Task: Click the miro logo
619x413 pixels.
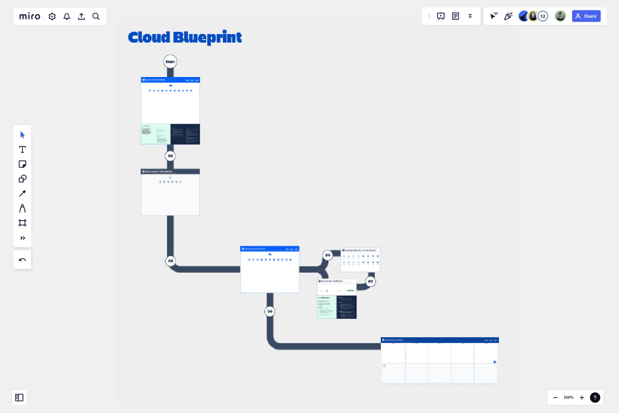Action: [x=30, y=16]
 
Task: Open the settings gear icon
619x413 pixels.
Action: [x=52, y=16]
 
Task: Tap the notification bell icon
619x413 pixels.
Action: [x=67, y=16]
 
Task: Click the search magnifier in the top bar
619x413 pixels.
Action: [x=96, y=16]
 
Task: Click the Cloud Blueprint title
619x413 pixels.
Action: [x=185, y=37]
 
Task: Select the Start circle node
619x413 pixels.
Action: [x=170, y=62]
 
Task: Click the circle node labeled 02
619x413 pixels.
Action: [x=170, y=156]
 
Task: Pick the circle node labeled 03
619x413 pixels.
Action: [x=171, y=261]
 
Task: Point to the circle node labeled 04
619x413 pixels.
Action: [x=328, y=255]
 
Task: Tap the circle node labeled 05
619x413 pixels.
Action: [x=370, y=281]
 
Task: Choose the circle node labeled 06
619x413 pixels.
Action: [x=270, y=311]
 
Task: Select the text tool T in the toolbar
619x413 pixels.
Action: [x=22, y=149]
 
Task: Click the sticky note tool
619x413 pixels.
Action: [x=22, y=164]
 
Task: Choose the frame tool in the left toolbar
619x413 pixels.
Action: [x=22, y=223]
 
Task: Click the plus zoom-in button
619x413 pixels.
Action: [x=582, y=398]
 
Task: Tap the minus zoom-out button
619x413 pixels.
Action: [x=555, y=398]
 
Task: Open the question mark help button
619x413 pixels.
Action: [x=595, y=398]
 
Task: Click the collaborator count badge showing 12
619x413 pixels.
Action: [x=543, y=16]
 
